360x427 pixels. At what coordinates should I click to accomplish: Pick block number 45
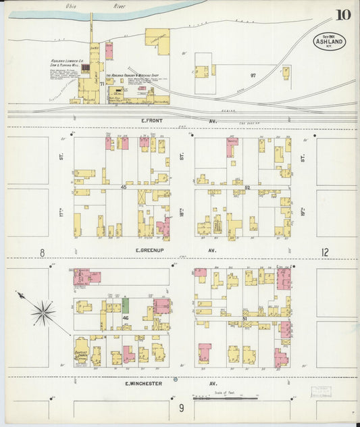(x=124, y=186)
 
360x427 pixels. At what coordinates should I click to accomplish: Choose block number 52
(x=247, y=187)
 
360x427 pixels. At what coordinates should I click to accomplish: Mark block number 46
(x=126, y=317)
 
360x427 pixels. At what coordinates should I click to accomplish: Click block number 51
(x=245, y=317)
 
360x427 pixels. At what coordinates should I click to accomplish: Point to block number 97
(x=253, y=75)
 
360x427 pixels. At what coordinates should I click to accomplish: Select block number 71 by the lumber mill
(x=101, y=83)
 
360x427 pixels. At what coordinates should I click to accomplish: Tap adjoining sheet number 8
(x=42, y=253)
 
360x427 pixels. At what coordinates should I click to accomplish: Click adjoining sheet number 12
(x=325, y=253)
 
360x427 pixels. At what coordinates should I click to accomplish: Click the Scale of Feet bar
(x=216, y=399)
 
